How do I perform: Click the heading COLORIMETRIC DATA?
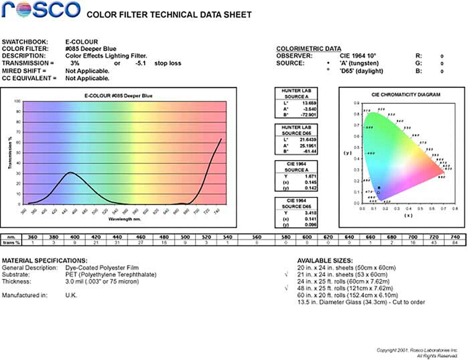(309, 49)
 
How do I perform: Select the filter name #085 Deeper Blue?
(91, 49)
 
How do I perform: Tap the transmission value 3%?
(75, 63)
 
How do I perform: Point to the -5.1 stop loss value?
(141, 63)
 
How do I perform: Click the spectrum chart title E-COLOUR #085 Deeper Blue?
(118, 96)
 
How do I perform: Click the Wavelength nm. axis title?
(124, 219)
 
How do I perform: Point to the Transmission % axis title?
(10, 153)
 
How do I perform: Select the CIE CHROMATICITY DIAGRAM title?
(406, 95)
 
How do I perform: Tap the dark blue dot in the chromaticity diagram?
(379, 188)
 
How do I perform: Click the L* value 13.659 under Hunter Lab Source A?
(309, 103)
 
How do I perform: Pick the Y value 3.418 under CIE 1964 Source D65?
(311, 213)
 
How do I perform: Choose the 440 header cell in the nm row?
(117, 237)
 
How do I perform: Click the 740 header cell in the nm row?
(455, 237)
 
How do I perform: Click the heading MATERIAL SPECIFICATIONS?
(44, 260)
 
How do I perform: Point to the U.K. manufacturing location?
(71, 295)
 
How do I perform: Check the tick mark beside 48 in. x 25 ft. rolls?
(286, 288)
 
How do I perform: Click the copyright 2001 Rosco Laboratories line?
(417, 350)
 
